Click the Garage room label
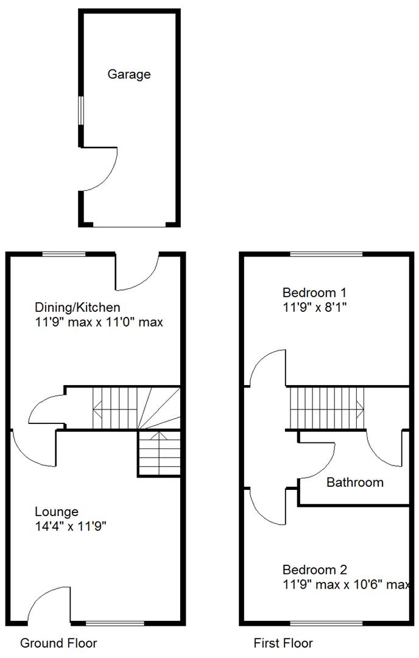tap(129, 74)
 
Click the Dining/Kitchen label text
tap(77, 307)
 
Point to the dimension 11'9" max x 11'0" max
tap(99, 322)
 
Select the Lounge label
tap(56, 511)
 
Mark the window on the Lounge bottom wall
tap(115, 623)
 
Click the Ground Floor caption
tap(58, 643)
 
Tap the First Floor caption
tap(283, 643)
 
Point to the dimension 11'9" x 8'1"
tap(314, 306)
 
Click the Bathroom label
tap(355, 483)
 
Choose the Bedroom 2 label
tap(314, 570)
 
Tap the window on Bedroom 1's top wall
tap(326, 254)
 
